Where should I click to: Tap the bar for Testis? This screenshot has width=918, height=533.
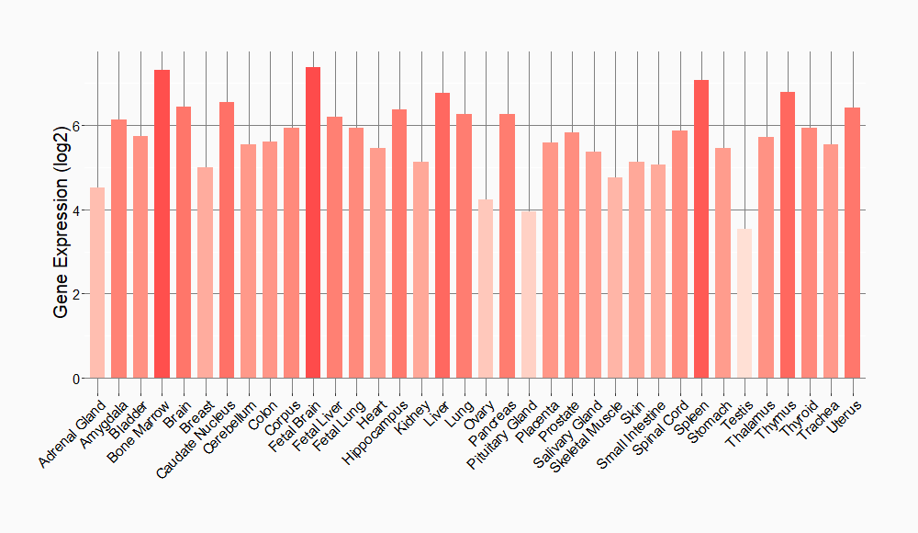coord(744,303)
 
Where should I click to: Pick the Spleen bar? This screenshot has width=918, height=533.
coord(701,229)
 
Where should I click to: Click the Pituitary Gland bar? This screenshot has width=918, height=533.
coord(529,294)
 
